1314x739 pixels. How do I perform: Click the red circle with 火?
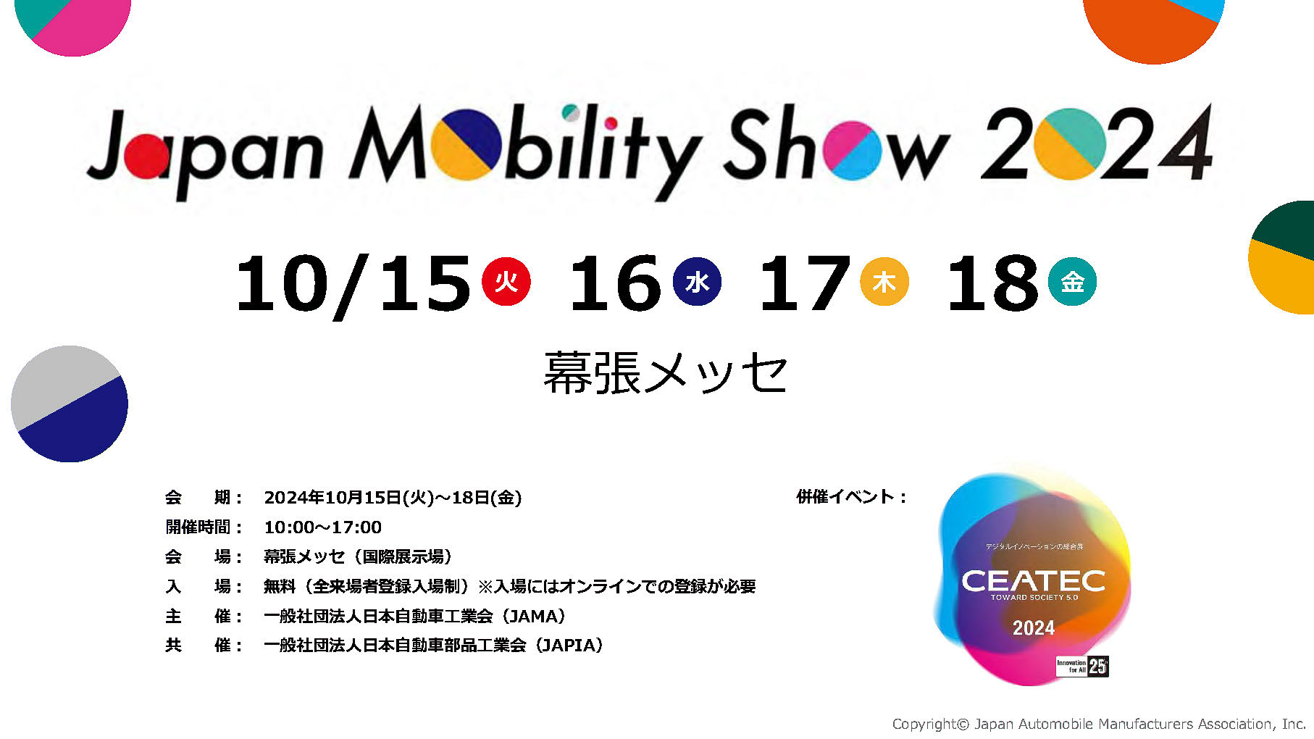506,281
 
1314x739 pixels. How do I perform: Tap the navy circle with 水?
697,281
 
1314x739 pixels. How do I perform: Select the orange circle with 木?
884,281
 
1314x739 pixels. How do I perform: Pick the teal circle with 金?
1072,281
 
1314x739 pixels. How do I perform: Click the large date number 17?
804,283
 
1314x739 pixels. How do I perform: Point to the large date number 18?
992,283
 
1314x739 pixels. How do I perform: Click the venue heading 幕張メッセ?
665,373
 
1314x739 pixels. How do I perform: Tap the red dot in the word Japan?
147,156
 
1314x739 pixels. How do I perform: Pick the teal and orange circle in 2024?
1069,144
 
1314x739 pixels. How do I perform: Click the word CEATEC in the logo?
1033,580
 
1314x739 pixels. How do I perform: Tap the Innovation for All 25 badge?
1082,666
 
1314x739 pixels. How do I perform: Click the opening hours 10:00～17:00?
322,527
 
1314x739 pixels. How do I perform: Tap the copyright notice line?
1098,724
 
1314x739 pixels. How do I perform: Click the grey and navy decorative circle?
70,404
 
